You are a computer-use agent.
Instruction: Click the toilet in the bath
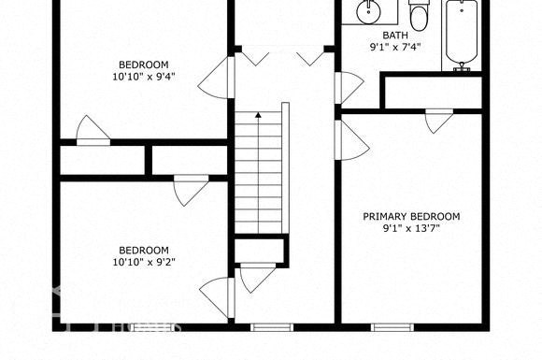[418, 16]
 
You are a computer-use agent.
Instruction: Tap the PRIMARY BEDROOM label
[411, 216]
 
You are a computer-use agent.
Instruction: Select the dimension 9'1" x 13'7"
[411, 228]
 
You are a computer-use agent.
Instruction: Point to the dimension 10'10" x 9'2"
[143, 261]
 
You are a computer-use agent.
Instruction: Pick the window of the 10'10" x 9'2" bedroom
[145, 327]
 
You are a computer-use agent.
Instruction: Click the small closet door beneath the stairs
[255, 278]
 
